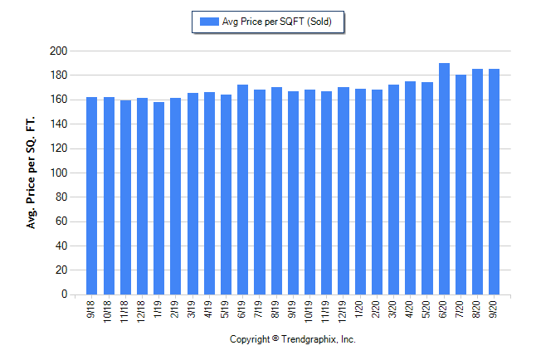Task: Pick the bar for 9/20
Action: [495, 182]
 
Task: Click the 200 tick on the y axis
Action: [57, 51]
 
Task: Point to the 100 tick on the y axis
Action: [57, 173]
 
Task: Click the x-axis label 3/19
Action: [192, 309]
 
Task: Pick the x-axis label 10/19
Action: [309, 310]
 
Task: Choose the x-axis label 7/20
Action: [460, 309]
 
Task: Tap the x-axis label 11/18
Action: [125, 310]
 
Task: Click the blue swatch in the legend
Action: [207, 22]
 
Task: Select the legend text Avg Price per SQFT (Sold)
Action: [277, 22]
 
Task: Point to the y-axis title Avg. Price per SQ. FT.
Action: [32, 173]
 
